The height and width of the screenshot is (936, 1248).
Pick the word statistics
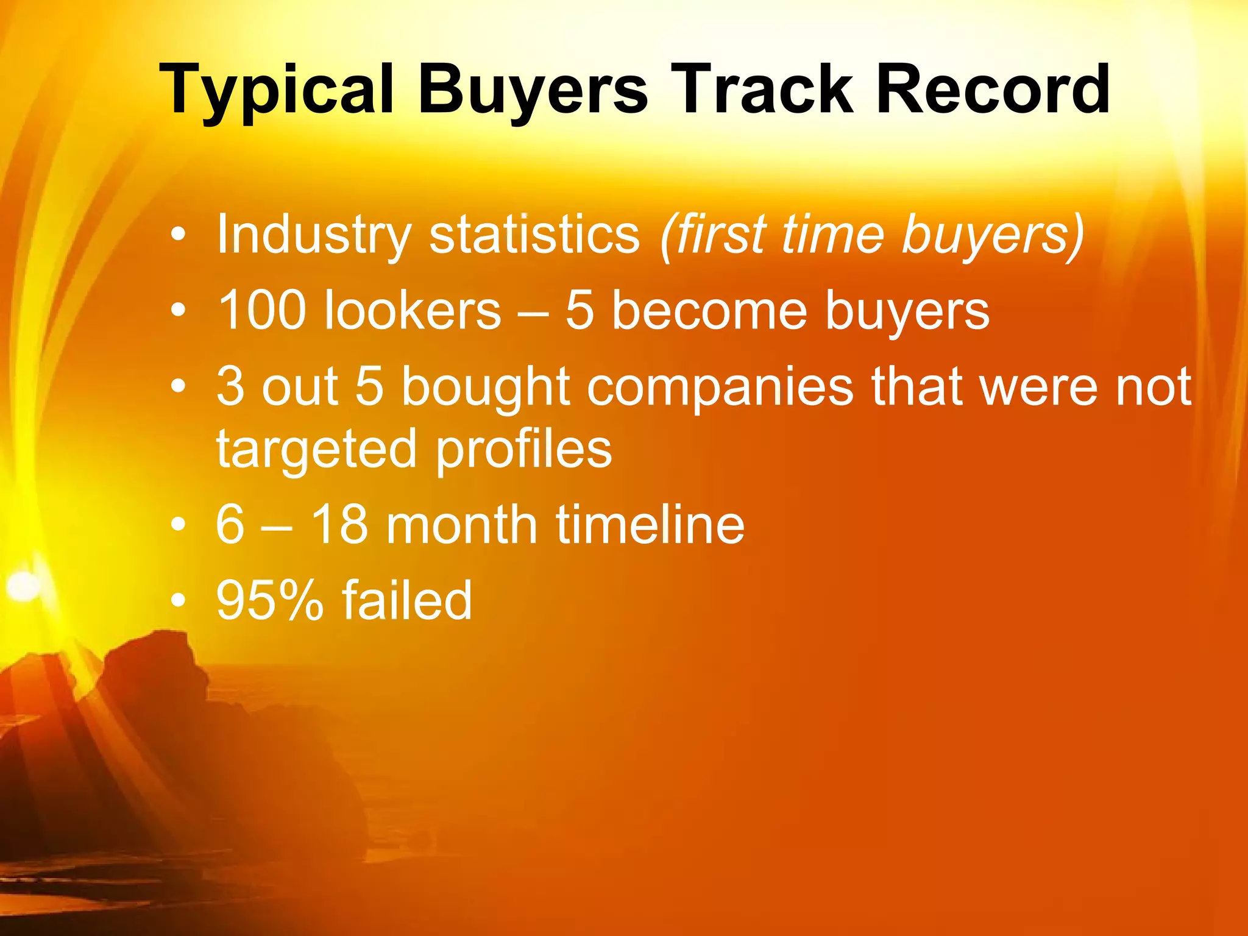pyautogui.click(x=534, y=235)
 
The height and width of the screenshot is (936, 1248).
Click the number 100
pyautogui.click(x=261, y=310)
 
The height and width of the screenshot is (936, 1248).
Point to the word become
pyautogui.click(x=709, y=310)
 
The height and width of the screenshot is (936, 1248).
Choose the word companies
pyautogui.click(x=720, y=388)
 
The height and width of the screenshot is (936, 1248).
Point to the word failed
pyautogui.click(x=407, y=600)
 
